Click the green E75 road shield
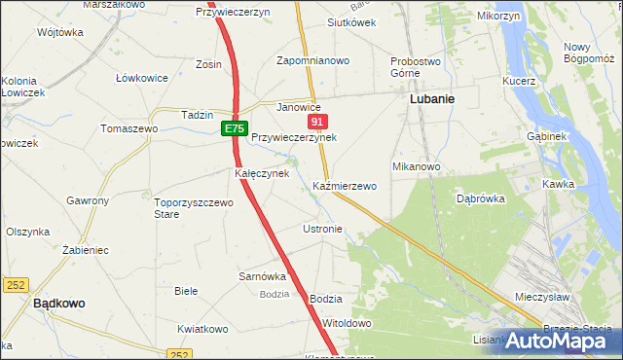coord(234,128)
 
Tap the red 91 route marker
coord(317,122)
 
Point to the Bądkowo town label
coord(58,303)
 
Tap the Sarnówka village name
coord(262,275)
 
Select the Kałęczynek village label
coord(261,173)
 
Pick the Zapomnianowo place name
coord(312,60)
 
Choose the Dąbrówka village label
coord(479,198)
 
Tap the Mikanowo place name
coord(417,166)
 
